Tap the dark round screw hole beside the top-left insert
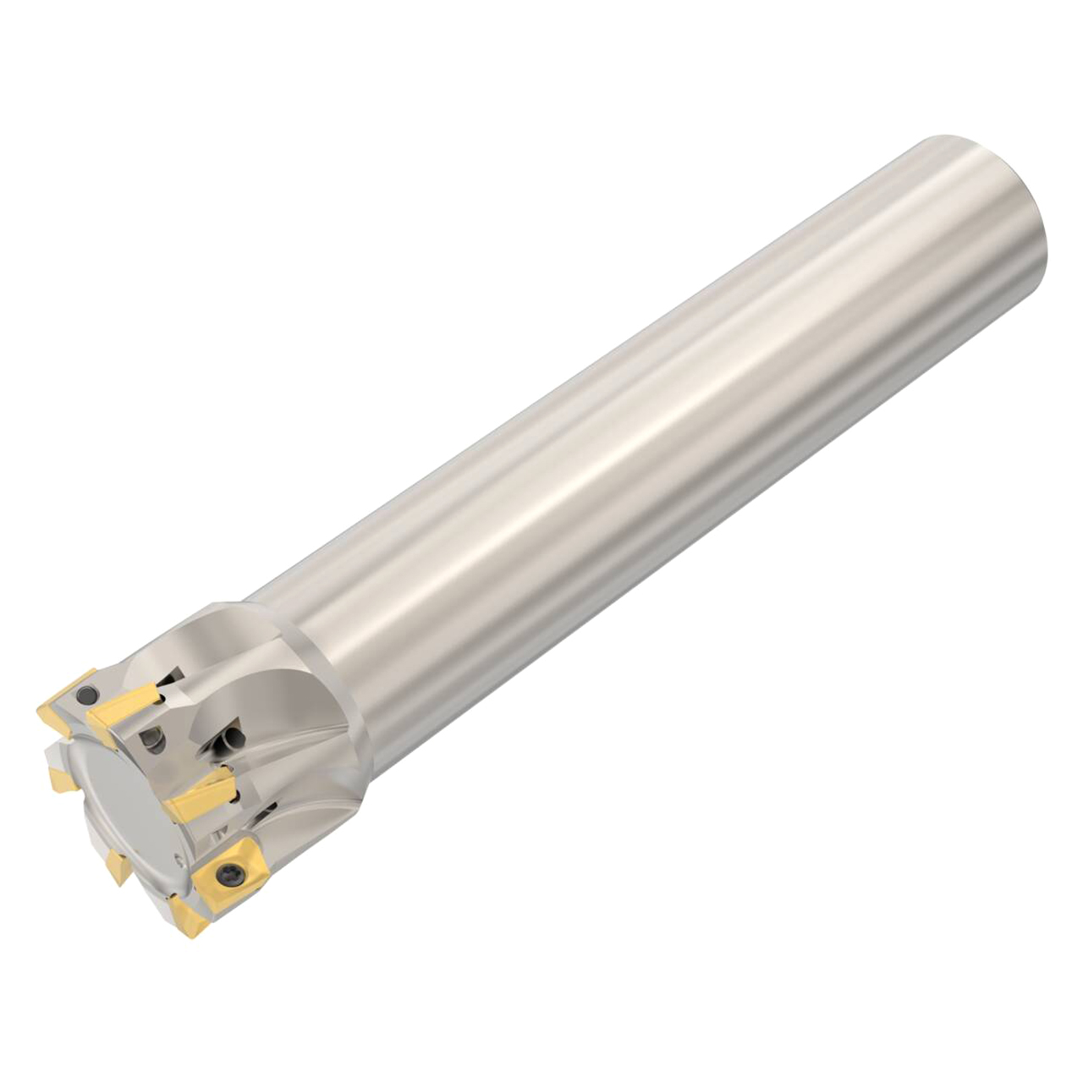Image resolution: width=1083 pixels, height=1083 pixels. pyautogui.click(x=84, y=695)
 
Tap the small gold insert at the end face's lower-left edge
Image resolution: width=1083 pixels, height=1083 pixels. pyautogui.click(x=117, y=867)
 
